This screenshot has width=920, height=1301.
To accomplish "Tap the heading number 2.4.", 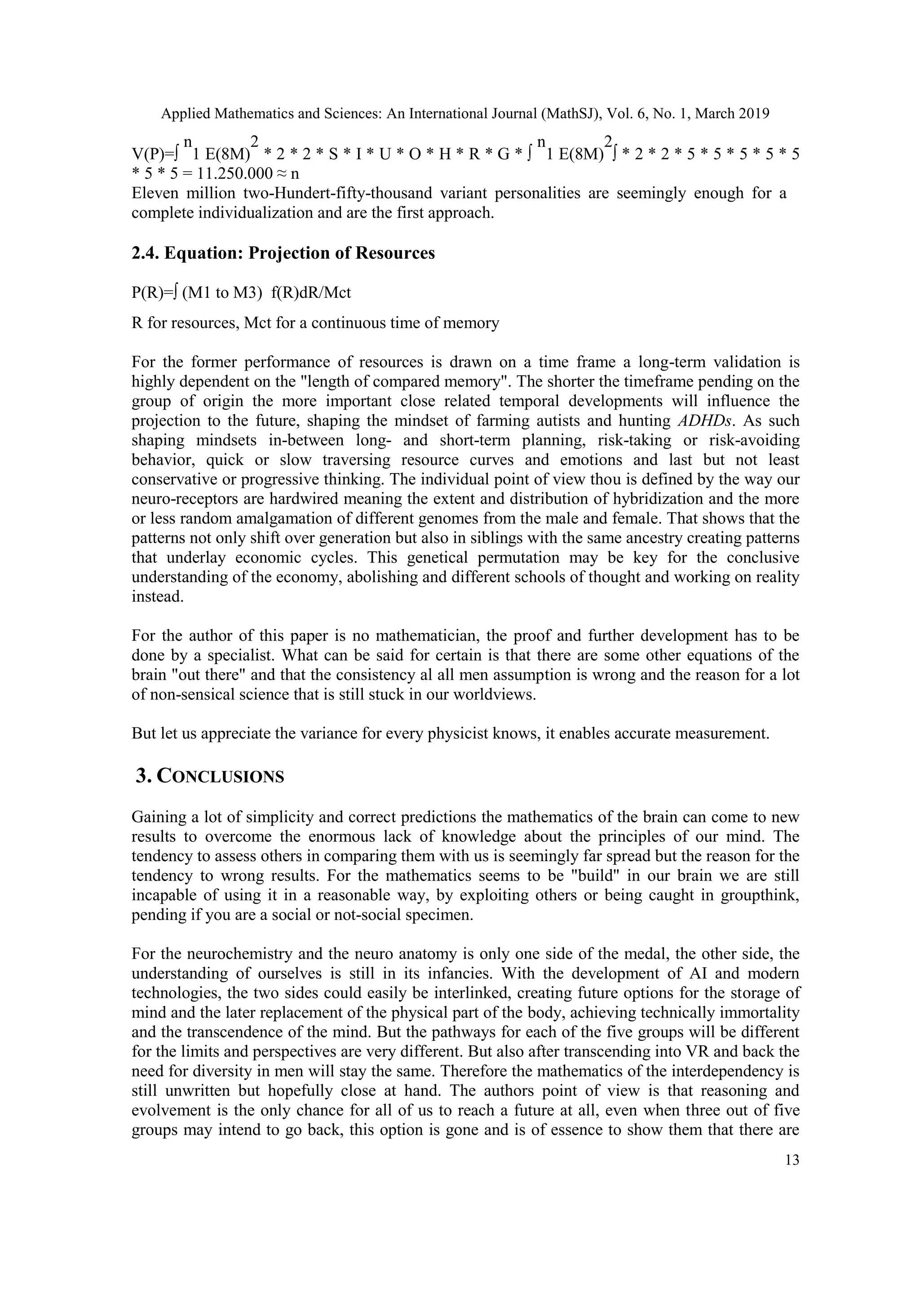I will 146,253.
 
